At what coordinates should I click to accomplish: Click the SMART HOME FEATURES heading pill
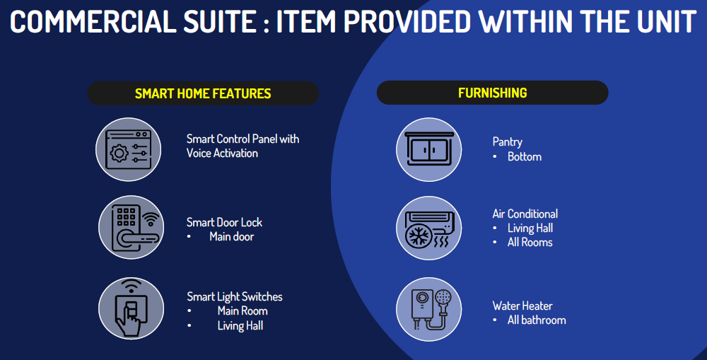(x=203, y=93)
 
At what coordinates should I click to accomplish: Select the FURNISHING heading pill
(x=492, y=93)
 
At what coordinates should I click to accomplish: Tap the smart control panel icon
(x=129, y=149)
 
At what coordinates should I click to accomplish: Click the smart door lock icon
(x=132, y=227)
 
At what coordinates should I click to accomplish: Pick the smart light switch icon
(x=132, y=308)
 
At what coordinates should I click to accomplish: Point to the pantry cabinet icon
(x=429, y=149)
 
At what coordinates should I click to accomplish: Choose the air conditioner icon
(x=429, y=228)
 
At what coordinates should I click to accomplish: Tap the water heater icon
(x=429, y=310)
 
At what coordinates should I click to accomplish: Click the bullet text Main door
(x=232, y=236)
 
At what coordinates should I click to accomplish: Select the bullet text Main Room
(x=243, y=310)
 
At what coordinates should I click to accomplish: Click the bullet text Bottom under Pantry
(x=525, y=156)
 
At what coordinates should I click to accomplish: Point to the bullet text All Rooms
(x=530, y=243)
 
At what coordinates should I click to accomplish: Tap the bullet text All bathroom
(x=537, y=320)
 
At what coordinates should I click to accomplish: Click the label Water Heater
(x=522, y=306)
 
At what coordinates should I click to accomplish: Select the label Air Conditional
(x=525, y=214)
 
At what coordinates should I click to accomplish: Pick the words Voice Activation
(x=222, y=153)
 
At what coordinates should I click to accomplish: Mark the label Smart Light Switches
(x=235, y=297)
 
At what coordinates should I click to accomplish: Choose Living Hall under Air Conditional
(x=530, y=228)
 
